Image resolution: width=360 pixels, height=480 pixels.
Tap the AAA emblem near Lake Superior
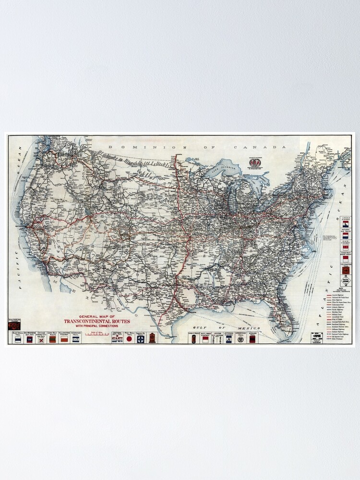point(253,162)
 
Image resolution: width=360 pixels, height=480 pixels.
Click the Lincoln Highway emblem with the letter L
point(345,224)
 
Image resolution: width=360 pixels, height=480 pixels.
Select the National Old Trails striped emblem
point(345,236)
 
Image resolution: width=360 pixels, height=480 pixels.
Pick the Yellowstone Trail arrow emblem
point(345,270)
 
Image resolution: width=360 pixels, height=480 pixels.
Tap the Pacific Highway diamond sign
point(345,282)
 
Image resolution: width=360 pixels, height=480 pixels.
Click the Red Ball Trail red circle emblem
point(129,338)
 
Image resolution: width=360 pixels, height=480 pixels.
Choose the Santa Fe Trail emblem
point(140,338)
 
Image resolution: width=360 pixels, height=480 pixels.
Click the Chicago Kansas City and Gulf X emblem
point(41,339)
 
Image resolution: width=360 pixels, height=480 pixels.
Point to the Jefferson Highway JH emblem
point(228,339)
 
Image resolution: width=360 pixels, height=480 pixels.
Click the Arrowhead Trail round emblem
point(240,339)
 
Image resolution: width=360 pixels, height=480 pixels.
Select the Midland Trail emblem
point(252,339)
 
